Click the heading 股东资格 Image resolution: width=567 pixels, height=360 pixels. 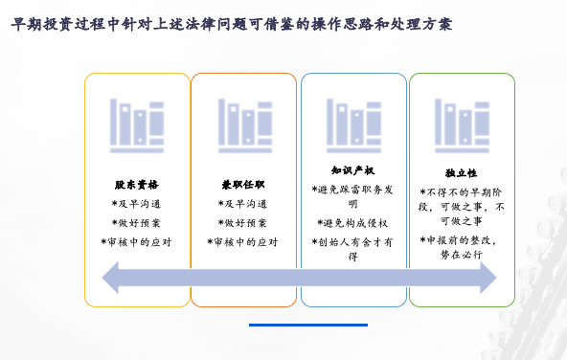coord(136,184)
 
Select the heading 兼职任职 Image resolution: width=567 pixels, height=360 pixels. coord(242,184)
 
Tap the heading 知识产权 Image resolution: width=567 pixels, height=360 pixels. coord(352,170)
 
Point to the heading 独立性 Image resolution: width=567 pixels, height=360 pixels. coord(461,173)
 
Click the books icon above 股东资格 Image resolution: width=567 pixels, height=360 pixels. coord(136,125)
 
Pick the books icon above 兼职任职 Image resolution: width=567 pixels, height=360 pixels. coord(243,125)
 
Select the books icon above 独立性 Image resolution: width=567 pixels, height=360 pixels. coord(463,126)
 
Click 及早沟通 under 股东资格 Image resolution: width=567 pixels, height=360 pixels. coord(136,204)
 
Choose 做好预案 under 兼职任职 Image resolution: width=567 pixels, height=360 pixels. coord(242,223)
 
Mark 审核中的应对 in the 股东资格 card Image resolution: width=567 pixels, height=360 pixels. coord(136,242)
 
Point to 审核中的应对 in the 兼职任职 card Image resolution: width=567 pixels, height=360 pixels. coord(242,242)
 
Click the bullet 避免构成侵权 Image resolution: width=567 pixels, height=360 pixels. coord(352,223)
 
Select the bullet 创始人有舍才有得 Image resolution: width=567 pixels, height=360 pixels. coord(352,249)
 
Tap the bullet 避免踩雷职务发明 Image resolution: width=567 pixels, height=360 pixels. coord(352,196)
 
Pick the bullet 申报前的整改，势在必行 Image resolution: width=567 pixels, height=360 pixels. coord(461,247)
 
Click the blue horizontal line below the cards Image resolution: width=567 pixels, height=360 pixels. coord(294,326)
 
